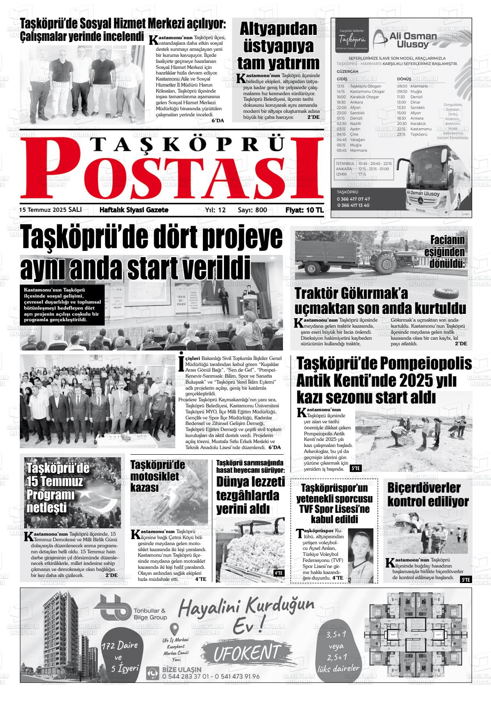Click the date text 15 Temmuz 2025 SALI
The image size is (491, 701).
click(50, 210)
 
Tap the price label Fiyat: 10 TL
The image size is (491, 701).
click(304, 210)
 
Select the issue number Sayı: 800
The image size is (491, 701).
click(252, 210)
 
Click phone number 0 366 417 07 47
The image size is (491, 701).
click(353, 199)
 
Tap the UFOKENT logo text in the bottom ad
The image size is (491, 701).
click(247, 652)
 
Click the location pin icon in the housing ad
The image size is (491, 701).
click(174, 629)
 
